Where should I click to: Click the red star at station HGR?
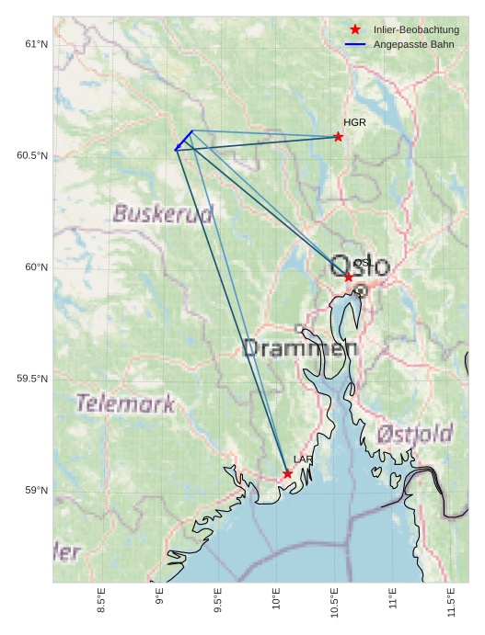click(x=339, y=137)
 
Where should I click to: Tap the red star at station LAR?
click(x=288, y=474)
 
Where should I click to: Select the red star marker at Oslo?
click(x=349, y=277)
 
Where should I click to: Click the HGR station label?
click(x=354, y=122)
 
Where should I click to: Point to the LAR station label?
click(x=303, y=459)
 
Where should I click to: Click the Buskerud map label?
click(x=163, y=214)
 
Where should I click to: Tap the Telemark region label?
click(x=125, y=403)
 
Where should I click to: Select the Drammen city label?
click(x=299, y=348)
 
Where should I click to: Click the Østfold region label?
click(x=415, y=434)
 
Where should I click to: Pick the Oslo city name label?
click(x=360, y=266)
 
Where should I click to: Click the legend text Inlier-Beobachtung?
click(x=416, y=29)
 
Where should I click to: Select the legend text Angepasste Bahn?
click(x=413, y=44)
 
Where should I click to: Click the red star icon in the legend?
click(x=355, y=29)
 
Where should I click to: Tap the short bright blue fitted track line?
click(x=183, y=142)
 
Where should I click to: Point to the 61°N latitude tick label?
click(x=36, y=44)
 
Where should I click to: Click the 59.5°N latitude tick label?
click(x=32, y=379)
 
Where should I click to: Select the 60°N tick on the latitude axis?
click(x=36, y=267)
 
